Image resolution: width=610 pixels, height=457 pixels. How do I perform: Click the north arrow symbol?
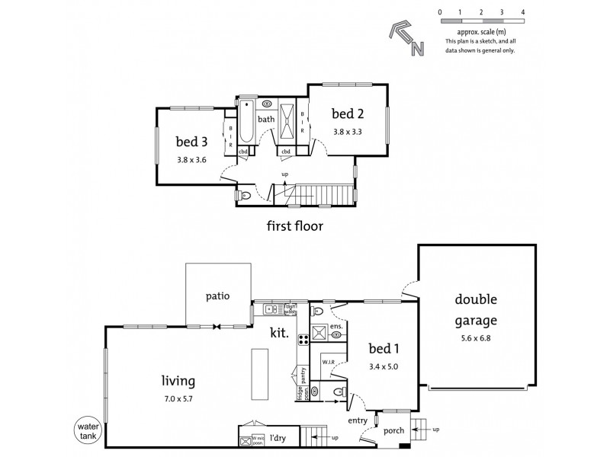tap(403, 38)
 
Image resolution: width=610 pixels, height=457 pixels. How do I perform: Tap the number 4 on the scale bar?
tap(522, 13)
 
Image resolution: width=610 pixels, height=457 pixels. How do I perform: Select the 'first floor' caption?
tap(294, 225)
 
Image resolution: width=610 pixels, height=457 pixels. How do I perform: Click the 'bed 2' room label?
tap(347, 114)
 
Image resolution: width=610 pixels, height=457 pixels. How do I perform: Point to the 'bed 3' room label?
tap(191, 141)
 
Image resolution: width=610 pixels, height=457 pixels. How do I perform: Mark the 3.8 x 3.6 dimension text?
tap(191, 160)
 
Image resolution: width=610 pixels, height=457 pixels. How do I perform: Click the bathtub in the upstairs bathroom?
tap(246, 122)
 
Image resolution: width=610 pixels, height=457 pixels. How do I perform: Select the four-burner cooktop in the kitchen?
tap(303, 340)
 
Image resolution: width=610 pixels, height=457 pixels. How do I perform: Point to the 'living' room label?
tap(178, 381)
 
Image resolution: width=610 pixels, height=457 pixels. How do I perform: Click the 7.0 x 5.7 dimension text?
tap(178, 399)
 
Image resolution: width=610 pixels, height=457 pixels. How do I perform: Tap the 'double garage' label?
tap(477, 309)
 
